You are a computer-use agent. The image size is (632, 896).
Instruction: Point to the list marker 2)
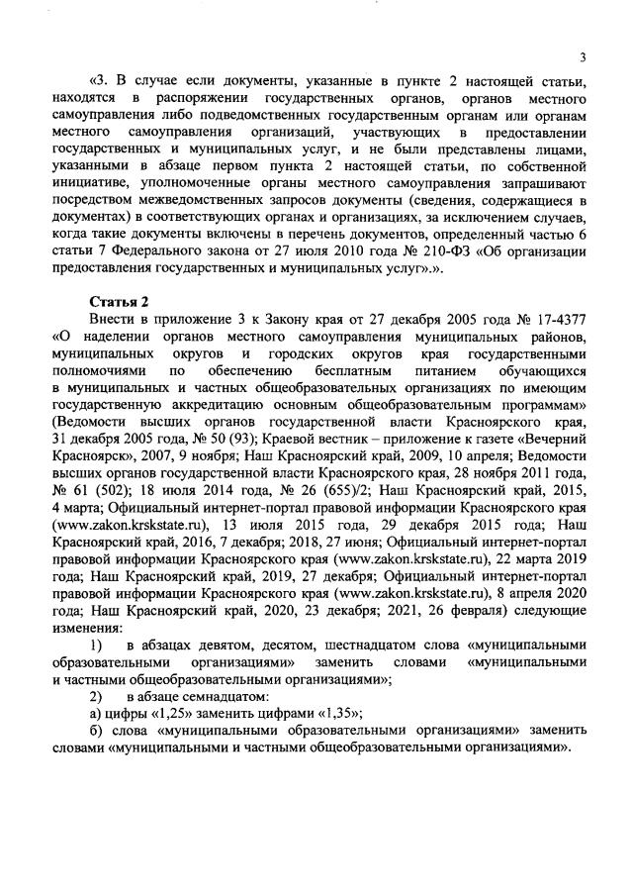[x=97, y=695]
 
